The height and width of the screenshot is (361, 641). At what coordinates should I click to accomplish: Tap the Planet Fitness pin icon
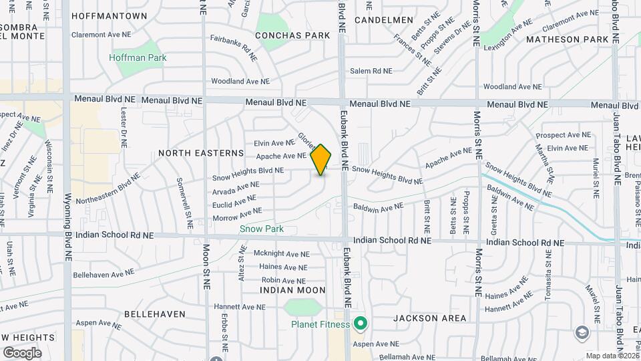361,325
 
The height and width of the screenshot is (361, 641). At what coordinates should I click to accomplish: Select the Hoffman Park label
138,57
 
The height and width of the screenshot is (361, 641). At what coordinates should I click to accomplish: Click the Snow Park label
262,229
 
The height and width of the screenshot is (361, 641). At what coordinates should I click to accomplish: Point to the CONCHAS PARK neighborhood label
293,35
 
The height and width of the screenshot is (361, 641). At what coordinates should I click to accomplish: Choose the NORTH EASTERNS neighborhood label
201,153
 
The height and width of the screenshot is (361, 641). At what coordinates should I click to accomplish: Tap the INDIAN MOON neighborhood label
293,290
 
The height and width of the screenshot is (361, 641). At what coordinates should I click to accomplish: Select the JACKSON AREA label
430,318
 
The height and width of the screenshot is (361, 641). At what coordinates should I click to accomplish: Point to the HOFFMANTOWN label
118,15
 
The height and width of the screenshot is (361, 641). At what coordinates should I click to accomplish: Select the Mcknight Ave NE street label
282,254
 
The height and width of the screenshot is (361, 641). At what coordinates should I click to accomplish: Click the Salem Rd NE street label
371,71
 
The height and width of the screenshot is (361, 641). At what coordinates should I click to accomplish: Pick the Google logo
22,352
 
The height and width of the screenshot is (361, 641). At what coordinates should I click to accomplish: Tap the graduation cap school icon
582,332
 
